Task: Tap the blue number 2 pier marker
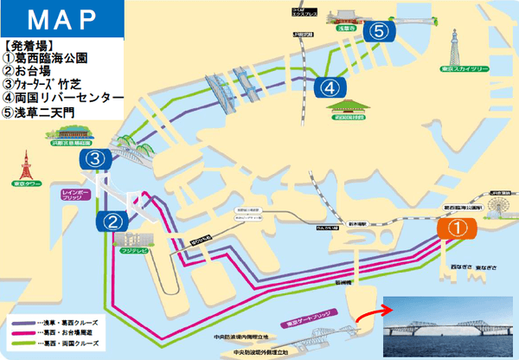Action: coord(112,221)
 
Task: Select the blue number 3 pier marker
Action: coord(96,159)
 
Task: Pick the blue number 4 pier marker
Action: coord(328,87)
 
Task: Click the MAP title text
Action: coord(59,20)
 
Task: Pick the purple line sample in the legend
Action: coord(26,320)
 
